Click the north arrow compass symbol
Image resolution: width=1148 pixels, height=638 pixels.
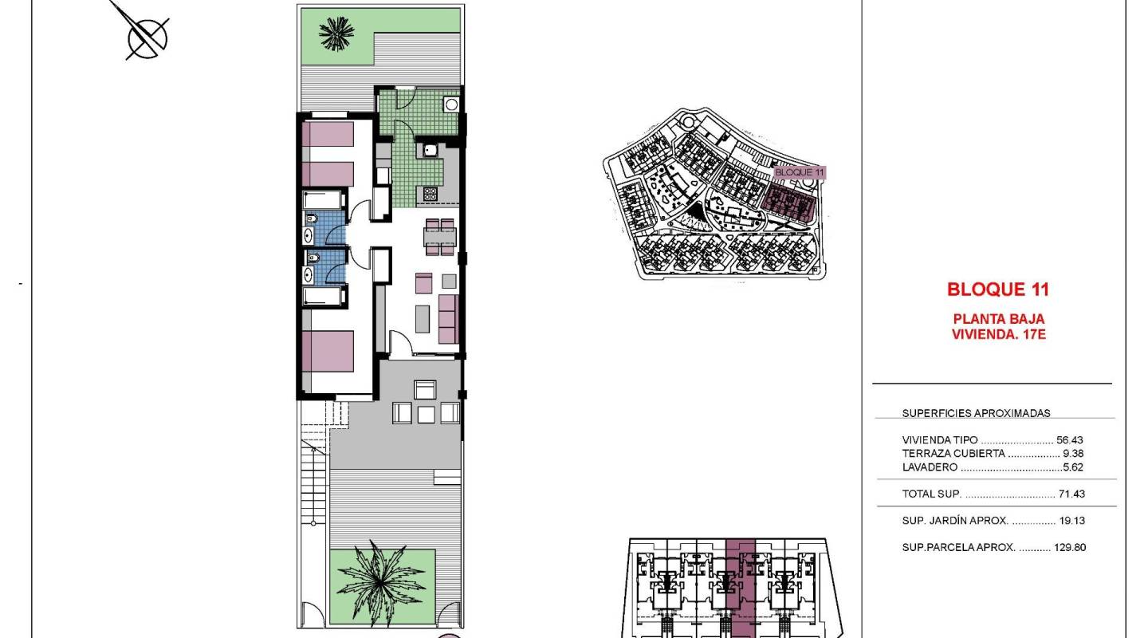click(147, 37)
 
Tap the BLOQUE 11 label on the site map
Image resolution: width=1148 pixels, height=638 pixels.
click(800, 172)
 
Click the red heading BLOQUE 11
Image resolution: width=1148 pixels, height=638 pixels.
click(998, 289)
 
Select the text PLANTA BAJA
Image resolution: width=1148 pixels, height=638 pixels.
click(998, 319)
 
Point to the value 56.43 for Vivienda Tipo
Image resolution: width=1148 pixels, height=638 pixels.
click(1070, 440)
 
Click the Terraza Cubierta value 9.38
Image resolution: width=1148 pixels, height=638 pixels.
click(1073, 454)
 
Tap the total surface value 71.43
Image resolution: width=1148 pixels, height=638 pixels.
click(1071, 494)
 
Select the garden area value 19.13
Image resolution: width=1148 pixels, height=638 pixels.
click(1071, 521)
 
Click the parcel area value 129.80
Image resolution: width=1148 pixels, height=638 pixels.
click(1068, 548)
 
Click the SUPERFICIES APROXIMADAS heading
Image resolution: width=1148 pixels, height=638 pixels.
click(976, 413)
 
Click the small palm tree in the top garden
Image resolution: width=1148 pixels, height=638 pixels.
click(336, 33)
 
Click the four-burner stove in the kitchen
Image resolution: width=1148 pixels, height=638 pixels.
click(431, 193)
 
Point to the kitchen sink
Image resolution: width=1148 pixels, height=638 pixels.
click(430, 149)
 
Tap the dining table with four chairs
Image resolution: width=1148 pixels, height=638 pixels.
click(440, 236)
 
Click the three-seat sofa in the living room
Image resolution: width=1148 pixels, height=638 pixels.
click(449, 317)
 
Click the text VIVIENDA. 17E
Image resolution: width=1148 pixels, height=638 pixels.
click(998, 335)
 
